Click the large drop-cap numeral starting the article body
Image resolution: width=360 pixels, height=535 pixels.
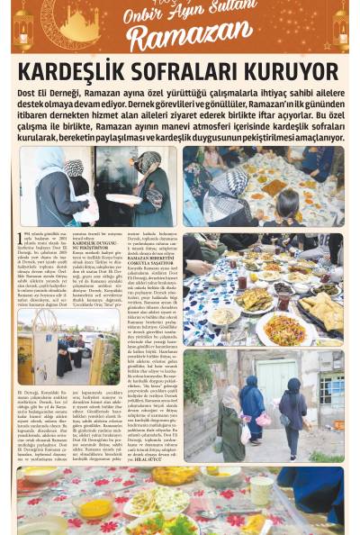click(22, 239)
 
